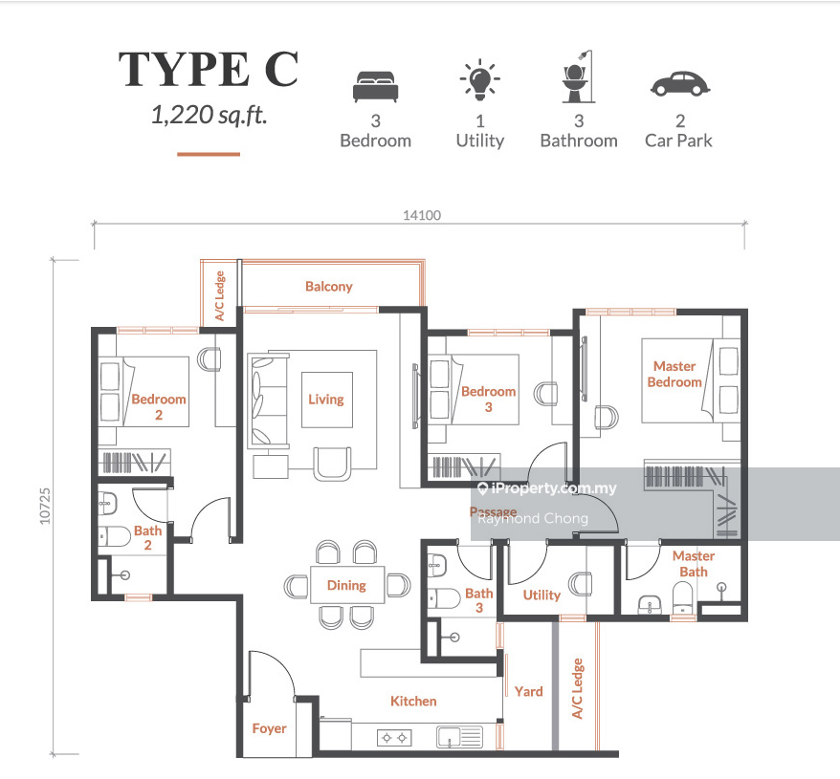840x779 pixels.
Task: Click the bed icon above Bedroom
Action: (376, 86)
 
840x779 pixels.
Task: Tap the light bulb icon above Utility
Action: (480, 79)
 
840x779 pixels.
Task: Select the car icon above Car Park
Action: (680, 83)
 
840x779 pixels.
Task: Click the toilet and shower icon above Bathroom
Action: (578, 76)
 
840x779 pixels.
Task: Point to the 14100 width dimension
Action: (422, 215)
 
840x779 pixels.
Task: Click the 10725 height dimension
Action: (45, 506)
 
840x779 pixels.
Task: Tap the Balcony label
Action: (329, 287)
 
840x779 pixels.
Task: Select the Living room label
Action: (325, 400)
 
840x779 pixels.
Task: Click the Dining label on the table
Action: (346, 585)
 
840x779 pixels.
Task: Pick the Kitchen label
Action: (413, 701)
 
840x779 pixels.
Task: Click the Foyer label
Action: (269, 728)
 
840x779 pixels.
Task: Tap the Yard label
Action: (529, 692)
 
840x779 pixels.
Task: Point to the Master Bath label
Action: (694, 564)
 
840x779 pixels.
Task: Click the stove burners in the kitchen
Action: (394, 738)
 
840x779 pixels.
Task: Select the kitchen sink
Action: (459, 737)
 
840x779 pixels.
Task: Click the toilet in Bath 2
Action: (115, 536)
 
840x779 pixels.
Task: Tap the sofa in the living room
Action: (269, 400)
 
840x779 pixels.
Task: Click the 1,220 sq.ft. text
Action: (209, 115)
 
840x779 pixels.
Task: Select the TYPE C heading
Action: (209, 69)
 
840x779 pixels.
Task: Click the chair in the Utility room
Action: (581, 584)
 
